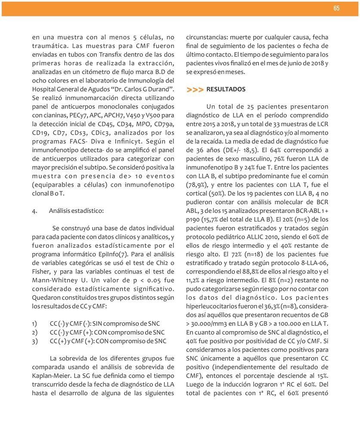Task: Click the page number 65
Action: point(336,9)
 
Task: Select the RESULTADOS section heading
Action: point(226,89)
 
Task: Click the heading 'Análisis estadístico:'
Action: point(76,211)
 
